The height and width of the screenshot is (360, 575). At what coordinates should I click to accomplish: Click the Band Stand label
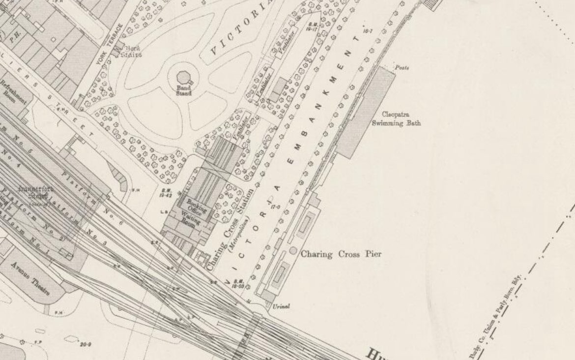tap(184, 90)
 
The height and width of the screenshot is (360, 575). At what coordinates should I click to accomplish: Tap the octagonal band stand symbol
tap(183, 78)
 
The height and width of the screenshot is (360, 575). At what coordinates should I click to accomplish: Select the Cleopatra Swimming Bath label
tap(401, 119)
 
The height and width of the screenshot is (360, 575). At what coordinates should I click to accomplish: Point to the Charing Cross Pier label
tap(341, 254)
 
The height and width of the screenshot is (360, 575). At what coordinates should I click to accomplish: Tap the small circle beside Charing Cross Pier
tap(293, 251)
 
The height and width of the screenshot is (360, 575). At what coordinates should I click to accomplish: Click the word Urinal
tap(281, 306)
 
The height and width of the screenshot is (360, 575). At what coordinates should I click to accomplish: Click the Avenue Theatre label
tap(35, 278)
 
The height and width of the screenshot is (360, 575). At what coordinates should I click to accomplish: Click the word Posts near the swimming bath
tap(402, 68)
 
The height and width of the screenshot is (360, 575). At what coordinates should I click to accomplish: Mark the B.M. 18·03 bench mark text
tap(238, 283)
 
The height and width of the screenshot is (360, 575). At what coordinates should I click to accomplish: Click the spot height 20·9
tap(85, 345)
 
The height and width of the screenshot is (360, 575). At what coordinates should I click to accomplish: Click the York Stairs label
tap(133, 52)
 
